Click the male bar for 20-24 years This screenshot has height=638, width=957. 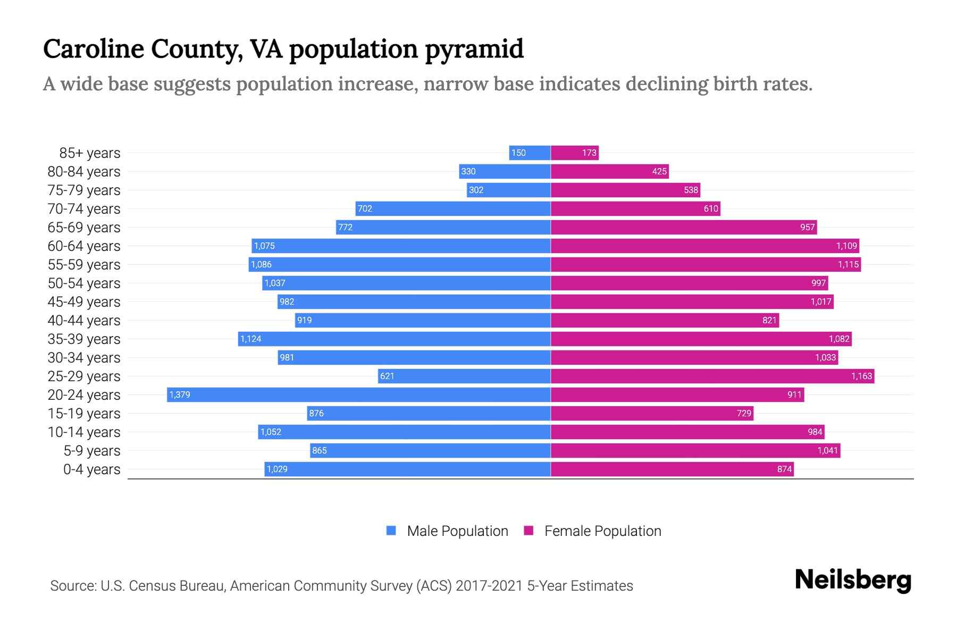click(359, 394)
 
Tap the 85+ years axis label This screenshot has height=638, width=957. click(90, 153)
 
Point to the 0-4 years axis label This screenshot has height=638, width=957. click(92, 469)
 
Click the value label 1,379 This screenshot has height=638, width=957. click(180, 394)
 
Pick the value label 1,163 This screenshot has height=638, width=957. click(861, 376)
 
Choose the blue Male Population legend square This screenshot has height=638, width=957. click(391, 531)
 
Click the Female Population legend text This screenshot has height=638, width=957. click(603, 531)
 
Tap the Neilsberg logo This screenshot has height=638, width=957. click(853, 580)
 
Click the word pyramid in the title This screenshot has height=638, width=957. click(474, 49)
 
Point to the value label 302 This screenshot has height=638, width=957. click(476, 190)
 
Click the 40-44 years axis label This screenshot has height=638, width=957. click(84, 321)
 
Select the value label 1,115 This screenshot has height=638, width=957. click(848, 264)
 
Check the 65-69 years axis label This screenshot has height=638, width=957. click(84, 228)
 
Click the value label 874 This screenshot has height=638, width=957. click(784, 469)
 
